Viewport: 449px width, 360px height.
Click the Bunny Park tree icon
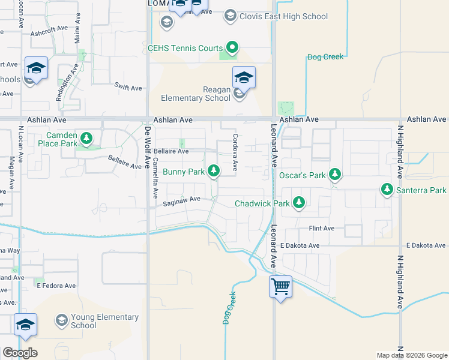213,172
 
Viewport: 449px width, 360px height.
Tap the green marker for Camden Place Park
87,139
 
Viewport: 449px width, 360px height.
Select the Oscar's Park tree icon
335,175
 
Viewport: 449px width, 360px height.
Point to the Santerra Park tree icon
387,190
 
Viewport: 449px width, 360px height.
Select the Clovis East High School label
284,16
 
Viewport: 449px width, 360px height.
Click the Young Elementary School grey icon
62,321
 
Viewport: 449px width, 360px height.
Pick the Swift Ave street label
128,88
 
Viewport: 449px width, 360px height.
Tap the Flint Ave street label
321,229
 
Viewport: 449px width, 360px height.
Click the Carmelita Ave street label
155,178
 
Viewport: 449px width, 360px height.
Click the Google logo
20,352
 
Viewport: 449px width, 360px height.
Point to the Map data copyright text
411,355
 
